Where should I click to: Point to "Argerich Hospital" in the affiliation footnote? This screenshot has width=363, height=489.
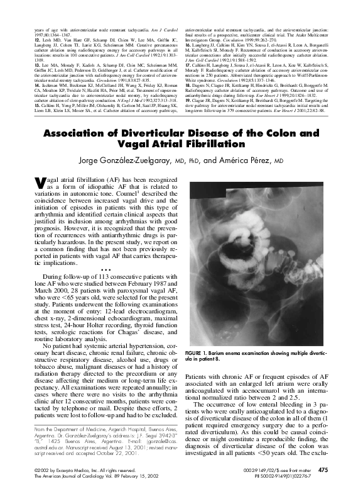click(118, 429)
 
